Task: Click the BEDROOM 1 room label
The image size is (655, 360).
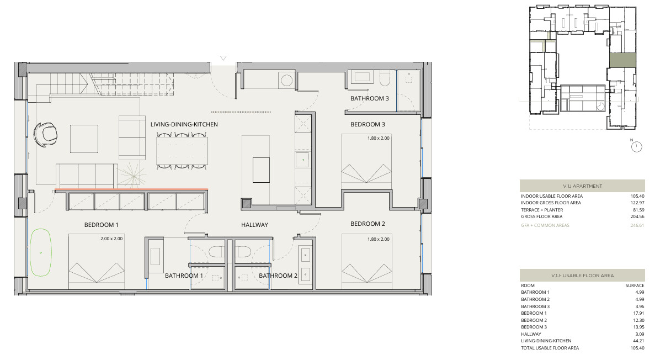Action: (x=101, y=225)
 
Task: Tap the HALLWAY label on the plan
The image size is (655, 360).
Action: (x=254, y=225)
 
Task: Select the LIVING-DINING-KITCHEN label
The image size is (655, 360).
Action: (x=184, y=124)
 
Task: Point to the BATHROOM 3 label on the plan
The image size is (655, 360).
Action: (x=370, y=98)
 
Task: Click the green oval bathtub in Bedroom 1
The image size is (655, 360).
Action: (x=41, y=252)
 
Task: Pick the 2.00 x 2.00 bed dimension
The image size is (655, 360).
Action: (x=111, y=239)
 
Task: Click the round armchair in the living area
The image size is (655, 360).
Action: (x=46, y=134)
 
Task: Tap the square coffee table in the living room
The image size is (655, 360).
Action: (x=84, y=139)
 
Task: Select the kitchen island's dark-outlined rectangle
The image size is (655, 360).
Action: (x=261, y=170)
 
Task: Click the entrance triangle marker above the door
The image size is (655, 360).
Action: (x=223, y=58)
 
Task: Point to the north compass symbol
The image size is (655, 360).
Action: (x=636, y=146)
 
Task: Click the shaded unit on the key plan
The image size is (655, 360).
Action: (x=622, y=61)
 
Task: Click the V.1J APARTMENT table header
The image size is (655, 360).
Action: (x=582, y=186)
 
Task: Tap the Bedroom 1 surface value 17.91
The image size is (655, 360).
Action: (x=638, y=313)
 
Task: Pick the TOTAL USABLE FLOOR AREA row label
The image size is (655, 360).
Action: (x=550, y=348)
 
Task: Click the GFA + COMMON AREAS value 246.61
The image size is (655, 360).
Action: (x=637, y=225)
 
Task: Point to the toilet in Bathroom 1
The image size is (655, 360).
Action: (x=216, y=251)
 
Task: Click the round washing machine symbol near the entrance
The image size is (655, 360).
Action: (x=286, y=80)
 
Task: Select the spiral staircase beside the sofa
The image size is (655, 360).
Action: (x=133, y=177)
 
